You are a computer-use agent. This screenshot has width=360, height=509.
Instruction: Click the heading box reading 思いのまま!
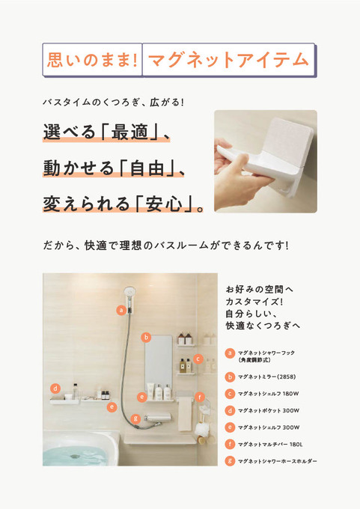tap(92, 60)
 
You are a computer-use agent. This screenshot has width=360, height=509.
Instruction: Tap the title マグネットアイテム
tap(228, 60)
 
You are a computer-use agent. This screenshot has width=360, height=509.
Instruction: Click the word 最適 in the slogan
tap(129, 132)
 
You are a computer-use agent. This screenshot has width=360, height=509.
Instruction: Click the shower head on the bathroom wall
tap(129, 293)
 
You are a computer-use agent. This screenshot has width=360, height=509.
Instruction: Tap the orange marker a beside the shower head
tap(121, 310)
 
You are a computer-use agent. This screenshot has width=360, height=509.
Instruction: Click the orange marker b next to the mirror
tap(147, 338)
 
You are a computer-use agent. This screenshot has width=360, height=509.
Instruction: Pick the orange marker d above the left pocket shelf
tap(55, 388)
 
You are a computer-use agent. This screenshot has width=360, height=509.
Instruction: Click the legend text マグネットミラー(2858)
tap(266, 377)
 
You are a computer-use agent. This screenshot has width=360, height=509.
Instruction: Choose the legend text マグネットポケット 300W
tap(269, 411)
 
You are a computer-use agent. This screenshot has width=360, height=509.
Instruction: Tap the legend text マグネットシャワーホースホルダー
tap(277, 461)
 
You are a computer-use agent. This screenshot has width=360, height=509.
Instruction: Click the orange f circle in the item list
tap(230, 444)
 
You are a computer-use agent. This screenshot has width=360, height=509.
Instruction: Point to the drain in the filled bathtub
tap(76, 456)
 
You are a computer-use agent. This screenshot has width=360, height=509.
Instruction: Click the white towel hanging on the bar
tap(185, 413)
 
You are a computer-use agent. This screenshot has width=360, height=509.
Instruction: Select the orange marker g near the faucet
tap(135, 418)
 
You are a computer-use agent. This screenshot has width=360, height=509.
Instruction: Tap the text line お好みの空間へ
tap(259, 289)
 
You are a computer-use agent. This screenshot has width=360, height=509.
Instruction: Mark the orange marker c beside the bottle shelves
tap(198, 359)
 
